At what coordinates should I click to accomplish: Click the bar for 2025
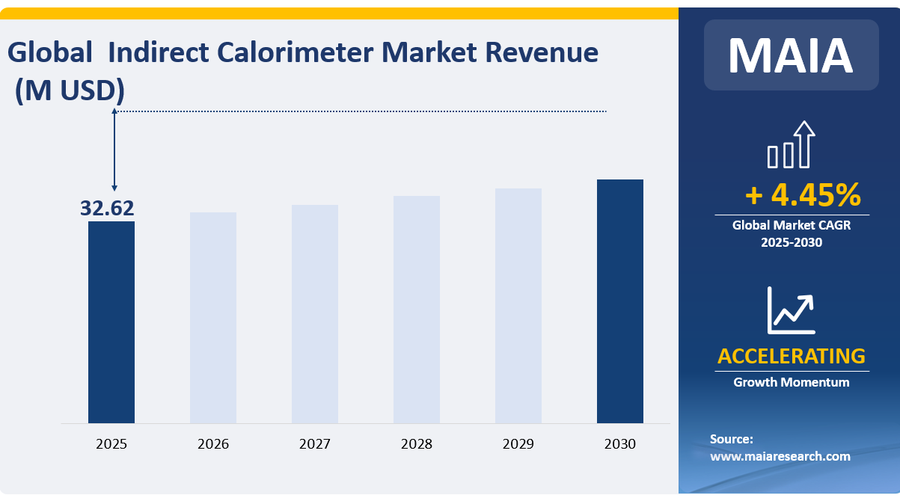point(111,322)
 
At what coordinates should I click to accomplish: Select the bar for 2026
point(213,318)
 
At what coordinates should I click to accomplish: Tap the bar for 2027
point(315,314)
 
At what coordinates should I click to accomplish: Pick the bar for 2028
point(417,310)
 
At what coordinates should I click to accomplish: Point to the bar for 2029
point(518,306)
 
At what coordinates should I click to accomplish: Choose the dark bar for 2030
point(620,301)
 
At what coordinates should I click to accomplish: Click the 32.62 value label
point(107,209)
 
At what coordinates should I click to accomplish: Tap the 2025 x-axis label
point(111,444)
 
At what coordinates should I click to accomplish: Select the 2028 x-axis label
point(417,444)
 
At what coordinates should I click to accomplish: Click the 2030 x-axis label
point(620,444)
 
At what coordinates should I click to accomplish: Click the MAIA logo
point(791,55)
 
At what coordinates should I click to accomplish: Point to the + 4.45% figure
point(803,195)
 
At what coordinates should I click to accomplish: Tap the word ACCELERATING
point(792,356)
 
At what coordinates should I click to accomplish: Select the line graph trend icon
point(791,310)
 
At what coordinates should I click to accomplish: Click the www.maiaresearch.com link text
point(780,455)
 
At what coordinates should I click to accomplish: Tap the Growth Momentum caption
point(792,382)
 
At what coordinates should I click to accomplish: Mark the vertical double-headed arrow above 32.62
point(114,150)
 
